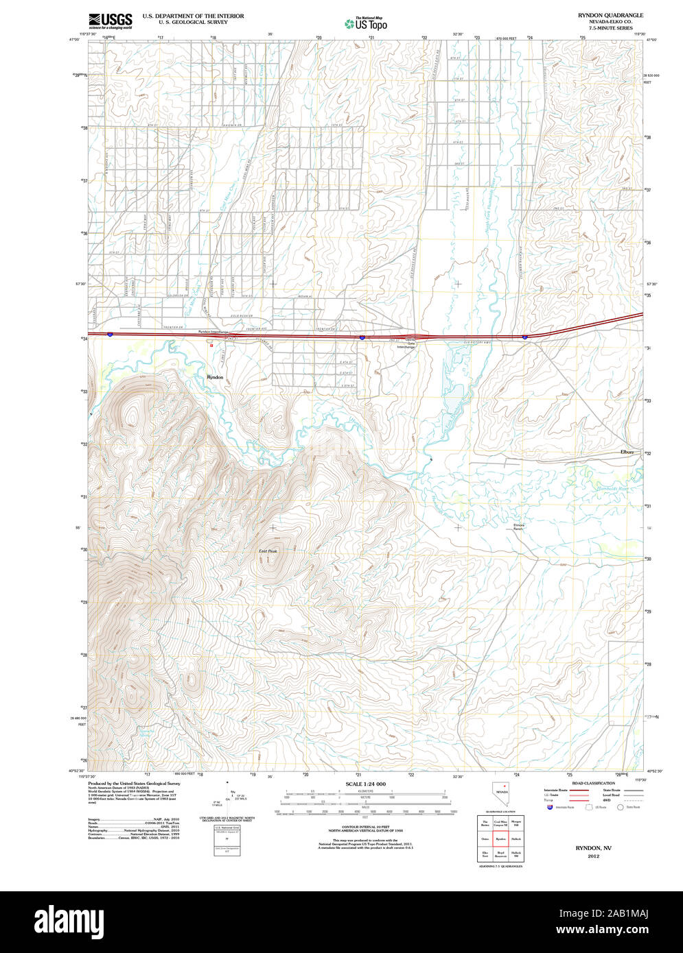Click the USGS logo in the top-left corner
tap(110, 21)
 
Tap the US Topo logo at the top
tap(366, 24)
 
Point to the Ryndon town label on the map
tap(215, 377)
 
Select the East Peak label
tap(268, 551)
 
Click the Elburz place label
tap(627, 452)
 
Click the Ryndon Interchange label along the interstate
tap(213, 332)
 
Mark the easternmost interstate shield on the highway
tap(525, 337)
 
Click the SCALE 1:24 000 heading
tap(365, 784)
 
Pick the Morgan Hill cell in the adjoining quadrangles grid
tap(516, 823)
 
